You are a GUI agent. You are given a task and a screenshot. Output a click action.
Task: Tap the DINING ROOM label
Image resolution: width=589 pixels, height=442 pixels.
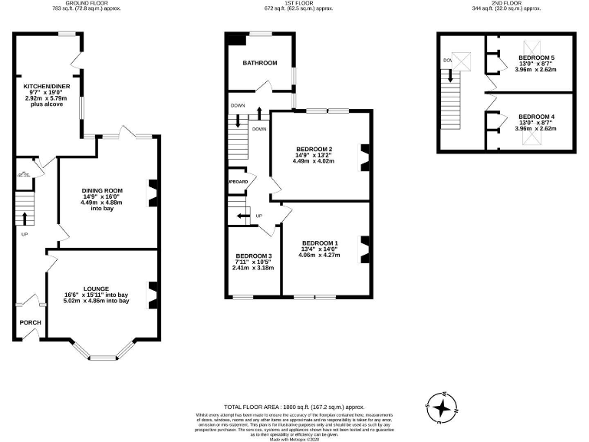102,190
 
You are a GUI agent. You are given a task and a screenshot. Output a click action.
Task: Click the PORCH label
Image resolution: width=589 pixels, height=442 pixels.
31,322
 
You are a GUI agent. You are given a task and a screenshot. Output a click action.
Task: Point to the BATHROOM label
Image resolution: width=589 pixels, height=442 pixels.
260,63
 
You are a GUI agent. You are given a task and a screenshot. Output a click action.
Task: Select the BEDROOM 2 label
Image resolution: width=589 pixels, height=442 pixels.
314,149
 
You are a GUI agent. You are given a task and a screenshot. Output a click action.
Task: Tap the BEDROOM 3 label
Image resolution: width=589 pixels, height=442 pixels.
253,256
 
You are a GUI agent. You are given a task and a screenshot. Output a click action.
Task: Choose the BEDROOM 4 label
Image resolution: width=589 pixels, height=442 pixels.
536,117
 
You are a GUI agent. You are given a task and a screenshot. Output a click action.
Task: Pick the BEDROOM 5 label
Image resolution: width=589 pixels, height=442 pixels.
536,58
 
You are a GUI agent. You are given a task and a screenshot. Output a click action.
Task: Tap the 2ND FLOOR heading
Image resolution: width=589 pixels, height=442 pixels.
505,3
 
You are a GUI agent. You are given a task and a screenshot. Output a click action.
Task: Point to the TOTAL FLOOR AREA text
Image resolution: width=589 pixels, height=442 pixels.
294,406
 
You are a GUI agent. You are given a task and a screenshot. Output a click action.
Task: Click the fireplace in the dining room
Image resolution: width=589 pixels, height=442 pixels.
153,189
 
